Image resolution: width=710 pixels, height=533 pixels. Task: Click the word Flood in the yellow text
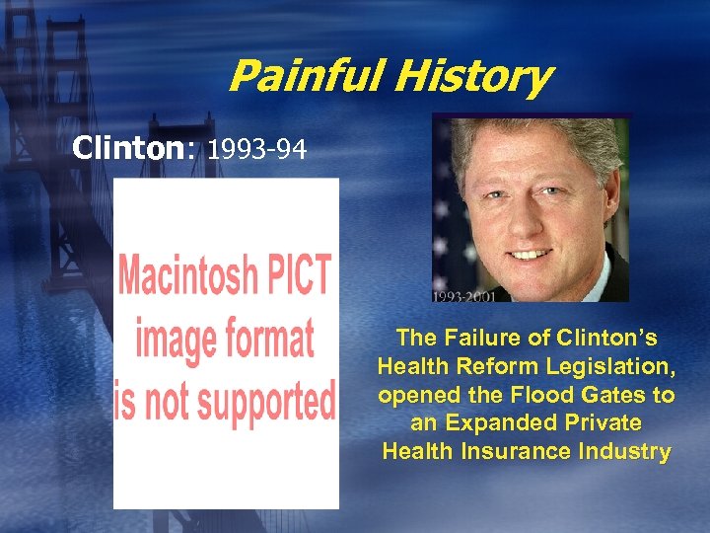(x=548, y=395)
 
